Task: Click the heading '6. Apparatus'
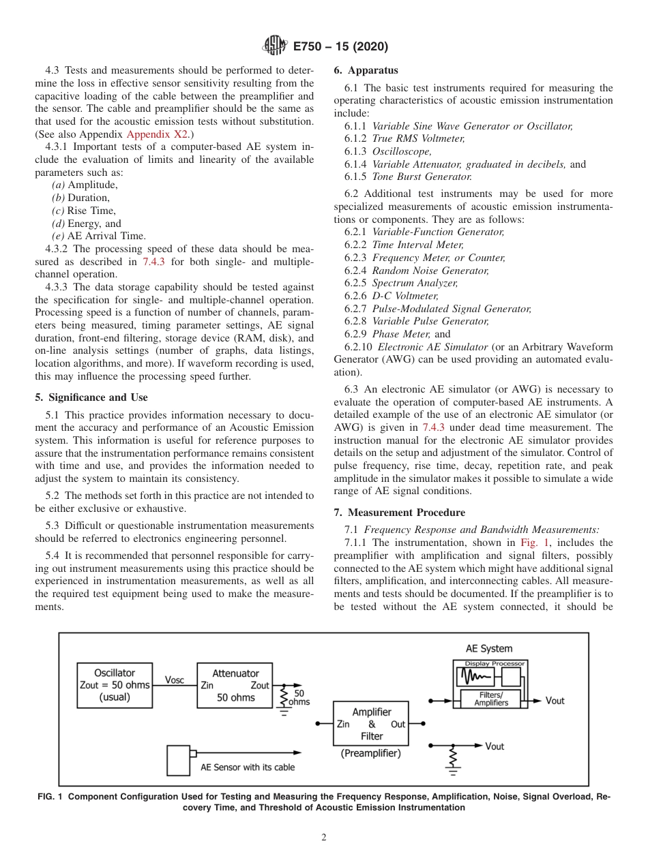pyautogui.click(x=366, y=70)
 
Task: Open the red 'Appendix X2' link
pyautogui.click(x=157, y=134)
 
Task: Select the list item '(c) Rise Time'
pyautogui.click(x=83, y=210)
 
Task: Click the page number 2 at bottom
pyautogui.click(x=324, y=838)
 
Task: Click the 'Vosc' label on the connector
pyautogui.click(x=174, y=680)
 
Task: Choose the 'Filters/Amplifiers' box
pyautogui.click(x=490, y=699)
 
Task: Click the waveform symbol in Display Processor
pyautogui.click(x=477, y=677)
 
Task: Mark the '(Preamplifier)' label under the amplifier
pyautogui.click(x=370, y=753)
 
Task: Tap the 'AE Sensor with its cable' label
pyautogui.click(x=248, y=767)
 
